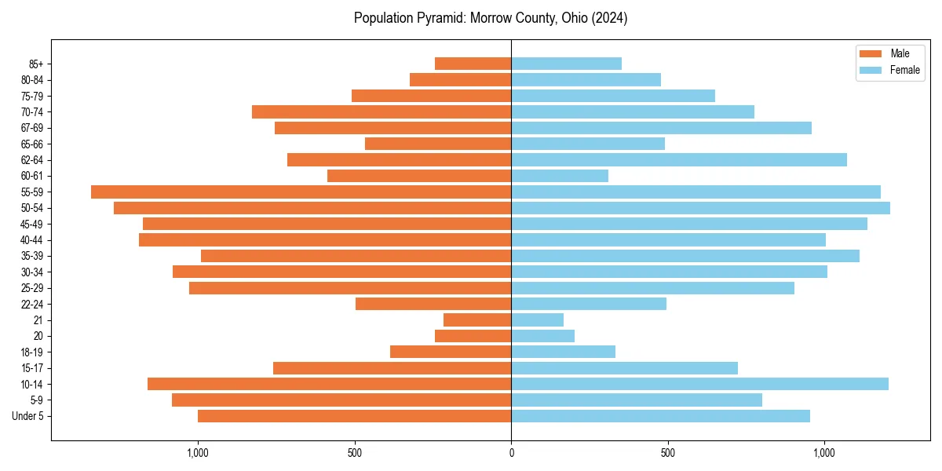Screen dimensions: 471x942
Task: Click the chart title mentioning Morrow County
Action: point(491,18)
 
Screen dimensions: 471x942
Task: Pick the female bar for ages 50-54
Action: point(700,208)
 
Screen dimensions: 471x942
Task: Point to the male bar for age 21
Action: point(477,320)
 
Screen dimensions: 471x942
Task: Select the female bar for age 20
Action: point(542,336)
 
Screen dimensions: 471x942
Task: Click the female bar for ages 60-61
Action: point(560,176)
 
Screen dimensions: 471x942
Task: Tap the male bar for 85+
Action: point(473,64)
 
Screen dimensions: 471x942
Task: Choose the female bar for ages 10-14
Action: point(699,384)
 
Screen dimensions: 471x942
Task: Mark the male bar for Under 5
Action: point(354,416)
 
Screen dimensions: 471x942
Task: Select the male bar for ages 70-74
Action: point(382,111)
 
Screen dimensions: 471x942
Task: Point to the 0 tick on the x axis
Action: point(511,453)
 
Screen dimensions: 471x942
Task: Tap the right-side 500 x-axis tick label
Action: point(667,453)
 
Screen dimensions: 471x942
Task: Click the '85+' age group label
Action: point(35,64)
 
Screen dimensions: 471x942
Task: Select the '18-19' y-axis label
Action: point(32,352)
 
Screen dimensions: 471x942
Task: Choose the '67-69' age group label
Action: point(32,128)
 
